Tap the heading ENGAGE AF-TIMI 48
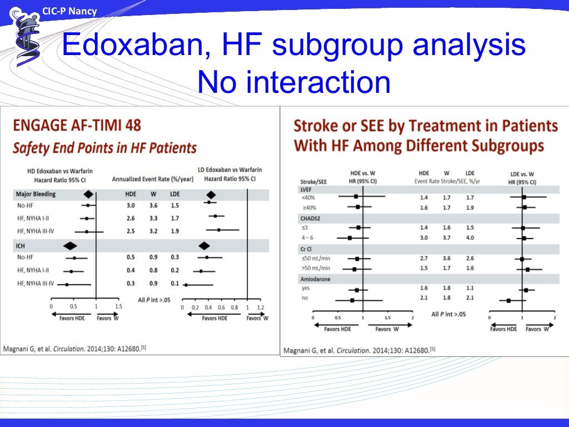point(77,125)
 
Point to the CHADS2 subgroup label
point(311,218)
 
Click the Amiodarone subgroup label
point(315,279)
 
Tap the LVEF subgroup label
point(306,189)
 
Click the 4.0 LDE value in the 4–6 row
point(470,238)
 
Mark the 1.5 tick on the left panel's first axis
point(119,306)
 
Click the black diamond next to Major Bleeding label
point(87,194)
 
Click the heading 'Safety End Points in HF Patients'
point(104,148)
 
